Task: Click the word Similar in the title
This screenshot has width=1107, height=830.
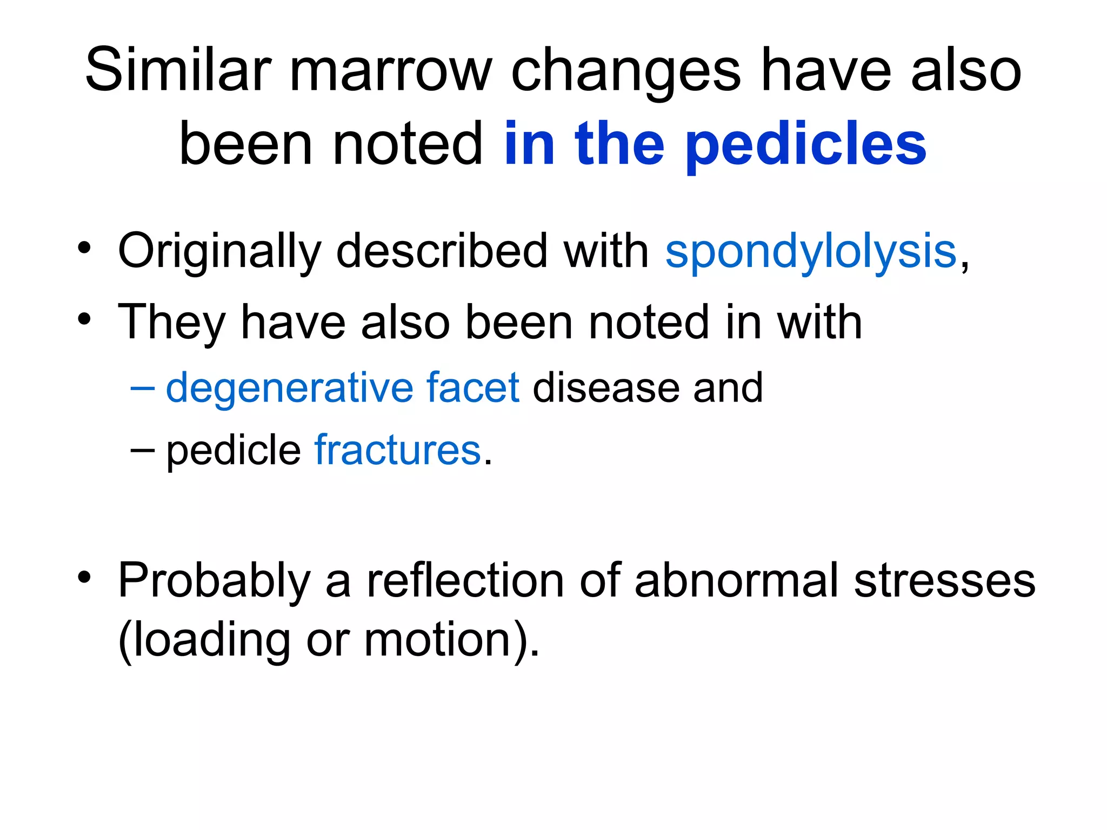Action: click(x=178, y=70)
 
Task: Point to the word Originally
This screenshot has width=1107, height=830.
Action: click(x=219, y=251)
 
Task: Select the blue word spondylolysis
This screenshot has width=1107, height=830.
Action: click(x=811, y=251)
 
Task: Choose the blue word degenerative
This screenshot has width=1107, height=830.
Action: click(x=289, y=388)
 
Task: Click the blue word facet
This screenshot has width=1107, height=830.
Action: click(x=472, y=388)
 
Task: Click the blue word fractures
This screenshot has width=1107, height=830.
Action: click(x=397, y=450)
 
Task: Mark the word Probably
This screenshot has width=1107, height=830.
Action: click(x=214, y=581)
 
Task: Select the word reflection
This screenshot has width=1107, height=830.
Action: click(x=465, y=581)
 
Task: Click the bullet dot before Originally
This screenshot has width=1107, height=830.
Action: click(x=84, y=248)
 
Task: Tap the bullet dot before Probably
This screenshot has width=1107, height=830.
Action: click(x=84, y=578)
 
